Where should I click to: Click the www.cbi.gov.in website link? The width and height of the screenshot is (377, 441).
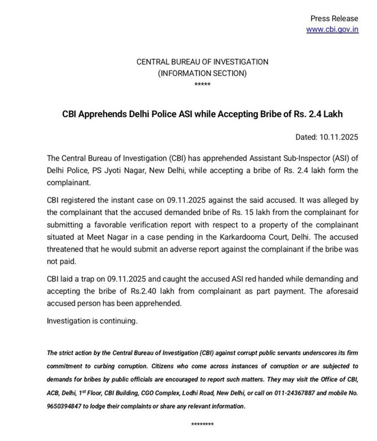pyautogui.click(x=332, y=29)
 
